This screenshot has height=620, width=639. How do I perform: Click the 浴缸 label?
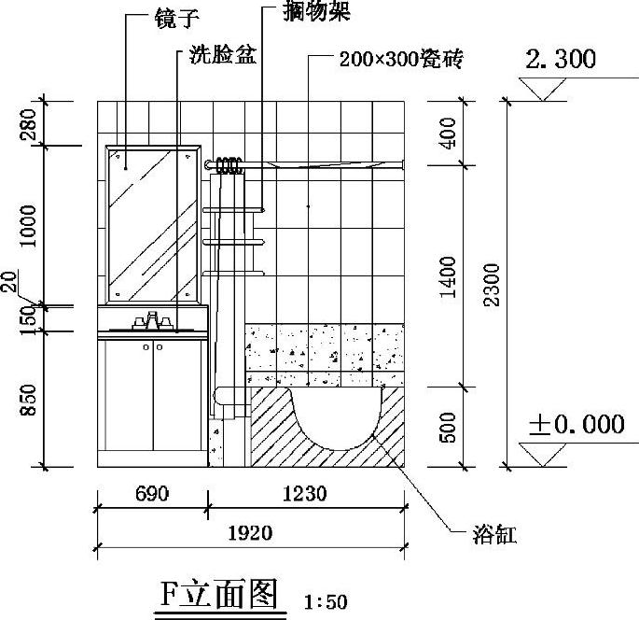point(493,535)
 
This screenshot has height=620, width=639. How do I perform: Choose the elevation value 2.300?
point(560,61)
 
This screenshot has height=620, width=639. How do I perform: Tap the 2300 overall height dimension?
point(492,282)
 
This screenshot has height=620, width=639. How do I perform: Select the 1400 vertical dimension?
point(447,275)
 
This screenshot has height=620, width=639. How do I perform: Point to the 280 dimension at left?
point(28,122)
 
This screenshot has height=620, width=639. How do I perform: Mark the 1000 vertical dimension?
point(28,225)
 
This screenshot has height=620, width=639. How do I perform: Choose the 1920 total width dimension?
point(249,533)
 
